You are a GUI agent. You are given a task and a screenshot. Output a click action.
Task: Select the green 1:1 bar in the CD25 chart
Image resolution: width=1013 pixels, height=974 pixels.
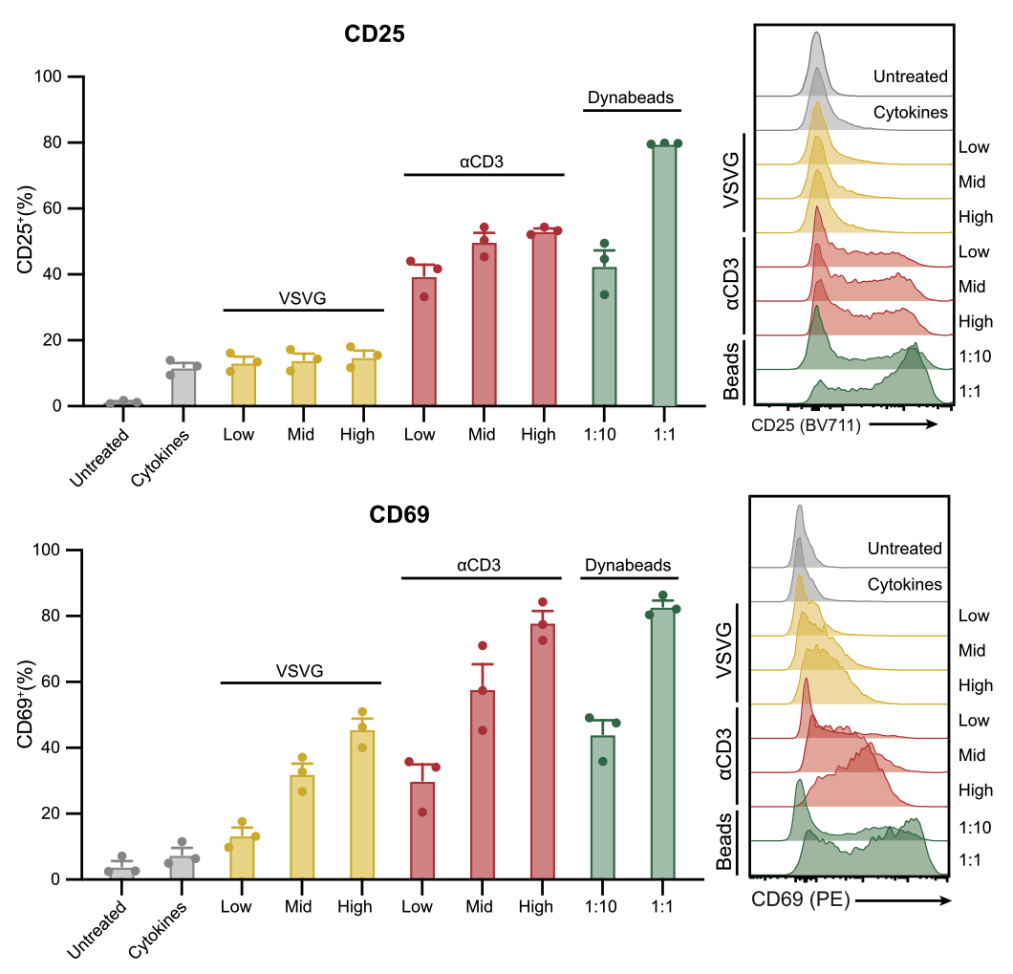664,277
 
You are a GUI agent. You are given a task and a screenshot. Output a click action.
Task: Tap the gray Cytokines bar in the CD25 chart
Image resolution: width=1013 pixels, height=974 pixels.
183,387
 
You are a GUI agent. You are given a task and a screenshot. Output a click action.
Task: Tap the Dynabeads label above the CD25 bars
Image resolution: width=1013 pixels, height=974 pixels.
630,97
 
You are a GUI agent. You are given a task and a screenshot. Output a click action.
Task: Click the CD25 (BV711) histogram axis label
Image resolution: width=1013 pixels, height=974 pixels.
807,425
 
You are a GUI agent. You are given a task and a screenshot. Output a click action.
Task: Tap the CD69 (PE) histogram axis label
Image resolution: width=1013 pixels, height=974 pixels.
801,899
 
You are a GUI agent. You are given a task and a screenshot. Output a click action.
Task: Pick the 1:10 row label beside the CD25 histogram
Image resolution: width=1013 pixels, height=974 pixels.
974,356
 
